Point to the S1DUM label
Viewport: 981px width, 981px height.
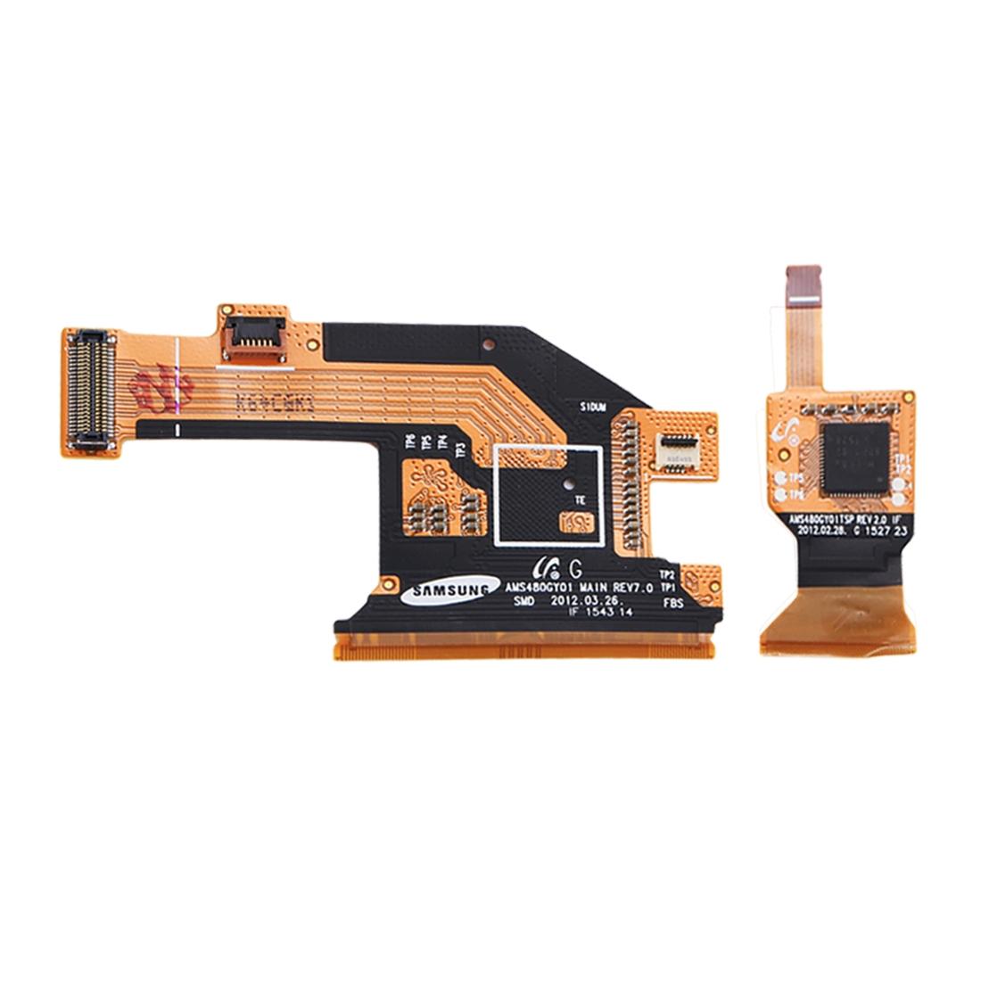(x=593, y=406)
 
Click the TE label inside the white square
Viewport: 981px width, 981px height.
(x=580, y=501)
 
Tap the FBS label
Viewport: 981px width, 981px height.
(x=674, y=604)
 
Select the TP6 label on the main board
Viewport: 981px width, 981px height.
(x=410, y=441)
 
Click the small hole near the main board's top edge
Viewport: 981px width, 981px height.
(x=488, y=342)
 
